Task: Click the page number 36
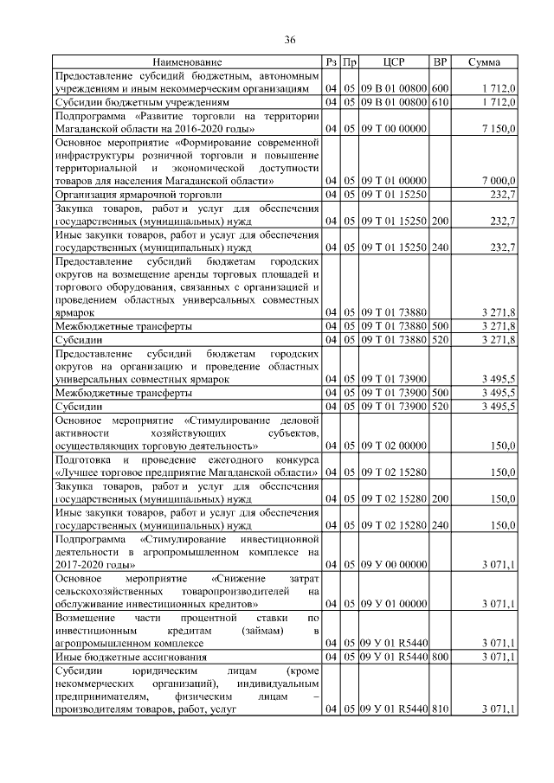(x=290, y=40)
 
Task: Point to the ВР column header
(x=440, y=62)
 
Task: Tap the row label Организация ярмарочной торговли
(x=138, y=196)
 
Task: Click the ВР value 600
(x=440, y=89)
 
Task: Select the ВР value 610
(x=440, y=103)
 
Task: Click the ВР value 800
(x=440, y=657)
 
